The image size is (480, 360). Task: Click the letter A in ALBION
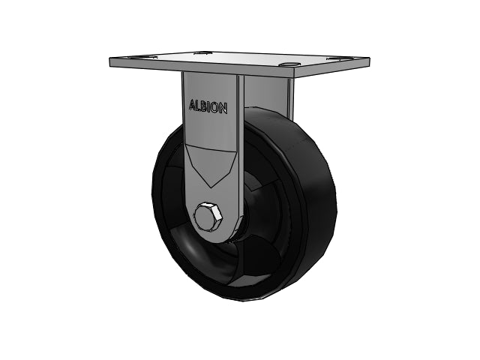point(193,105)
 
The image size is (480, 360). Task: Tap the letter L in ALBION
point(199,106)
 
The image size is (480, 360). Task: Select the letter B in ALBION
point(205,106)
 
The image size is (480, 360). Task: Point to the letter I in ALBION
point(210,107)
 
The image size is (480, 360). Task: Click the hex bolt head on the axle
point(208,217)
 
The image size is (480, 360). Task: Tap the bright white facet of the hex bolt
point(217,212)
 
